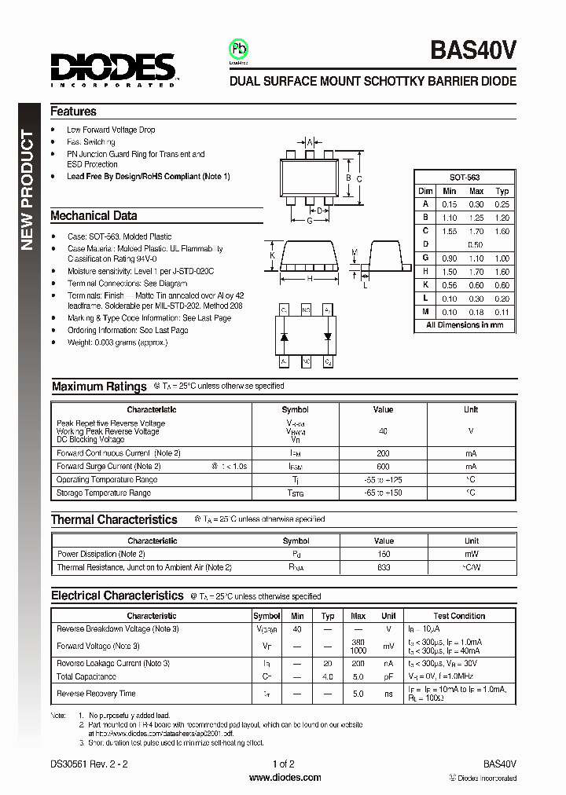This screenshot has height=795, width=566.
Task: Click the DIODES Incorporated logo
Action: (x=114, y=69)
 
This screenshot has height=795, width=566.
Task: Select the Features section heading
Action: (x=73, y=112)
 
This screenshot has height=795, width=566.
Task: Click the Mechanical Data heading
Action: (x=94, y=215)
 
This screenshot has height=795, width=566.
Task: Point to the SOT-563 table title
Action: (x=464, y=178)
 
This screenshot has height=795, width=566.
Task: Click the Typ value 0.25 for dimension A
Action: (x=502, y=204)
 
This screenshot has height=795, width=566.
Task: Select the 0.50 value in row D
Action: (x=476, y=244)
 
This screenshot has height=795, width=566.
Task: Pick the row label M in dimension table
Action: (x=425, y=312)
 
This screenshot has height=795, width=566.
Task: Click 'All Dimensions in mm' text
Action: (x=465, y=325)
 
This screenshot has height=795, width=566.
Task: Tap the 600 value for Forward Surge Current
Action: (x=383, y=466)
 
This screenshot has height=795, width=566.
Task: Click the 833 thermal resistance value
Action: (x=384, y=567)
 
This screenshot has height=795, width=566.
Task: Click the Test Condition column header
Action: (x=459, y=616)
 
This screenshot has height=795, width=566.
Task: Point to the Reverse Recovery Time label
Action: (x=96, y=694)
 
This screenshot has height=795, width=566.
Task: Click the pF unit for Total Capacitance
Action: (x=388, y=676)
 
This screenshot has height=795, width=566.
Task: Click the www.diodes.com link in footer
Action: (x=285, y=778)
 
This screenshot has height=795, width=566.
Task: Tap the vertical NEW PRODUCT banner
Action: (x=27, y=191)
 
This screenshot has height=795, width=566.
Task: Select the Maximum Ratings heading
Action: (x=99, y=387)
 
